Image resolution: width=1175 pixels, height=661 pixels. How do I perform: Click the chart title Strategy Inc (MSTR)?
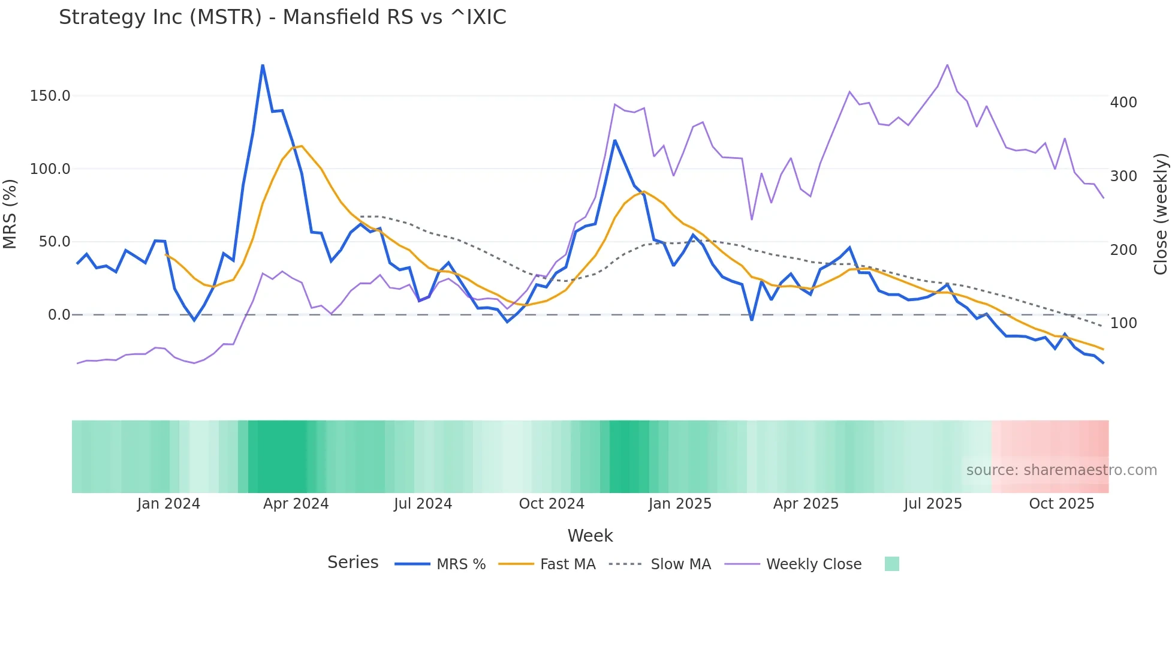(282, 17)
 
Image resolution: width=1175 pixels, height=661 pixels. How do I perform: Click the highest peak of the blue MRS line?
(263, 65)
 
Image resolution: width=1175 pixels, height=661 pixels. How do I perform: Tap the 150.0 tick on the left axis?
(50, 96)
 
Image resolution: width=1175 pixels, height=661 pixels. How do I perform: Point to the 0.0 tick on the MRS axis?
(59, 315)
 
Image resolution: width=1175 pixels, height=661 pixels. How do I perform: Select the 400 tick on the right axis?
(1123, 103)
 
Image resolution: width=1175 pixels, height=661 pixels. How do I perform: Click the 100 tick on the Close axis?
(1123, 323)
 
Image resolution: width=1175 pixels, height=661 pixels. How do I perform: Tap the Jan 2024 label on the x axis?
(168, 504)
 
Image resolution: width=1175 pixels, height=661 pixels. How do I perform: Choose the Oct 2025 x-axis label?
(1061, 504)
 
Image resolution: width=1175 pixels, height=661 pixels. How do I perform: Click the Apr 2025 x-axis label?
(806, 504)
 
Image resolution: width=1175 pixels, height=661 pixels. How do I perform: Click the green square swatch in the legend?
(891, 564)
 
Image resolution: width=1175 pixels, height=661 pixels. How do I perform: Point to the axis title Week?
(590, 536)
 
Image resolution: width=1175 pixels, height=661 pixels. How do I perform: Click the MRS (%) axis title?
(10, 214)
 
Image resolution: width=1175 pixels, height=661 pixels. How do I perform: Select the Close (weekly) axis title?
(1161, 214)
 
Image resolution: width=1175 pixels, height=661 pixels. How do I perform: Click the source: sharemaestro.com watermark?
(1061, 470)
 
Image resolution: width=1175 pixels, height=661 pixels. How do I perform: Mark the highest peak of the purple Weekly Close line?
(947, 65)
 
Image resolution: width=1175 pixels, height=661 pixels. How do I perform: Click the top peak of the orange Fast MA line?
(302, 146)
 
